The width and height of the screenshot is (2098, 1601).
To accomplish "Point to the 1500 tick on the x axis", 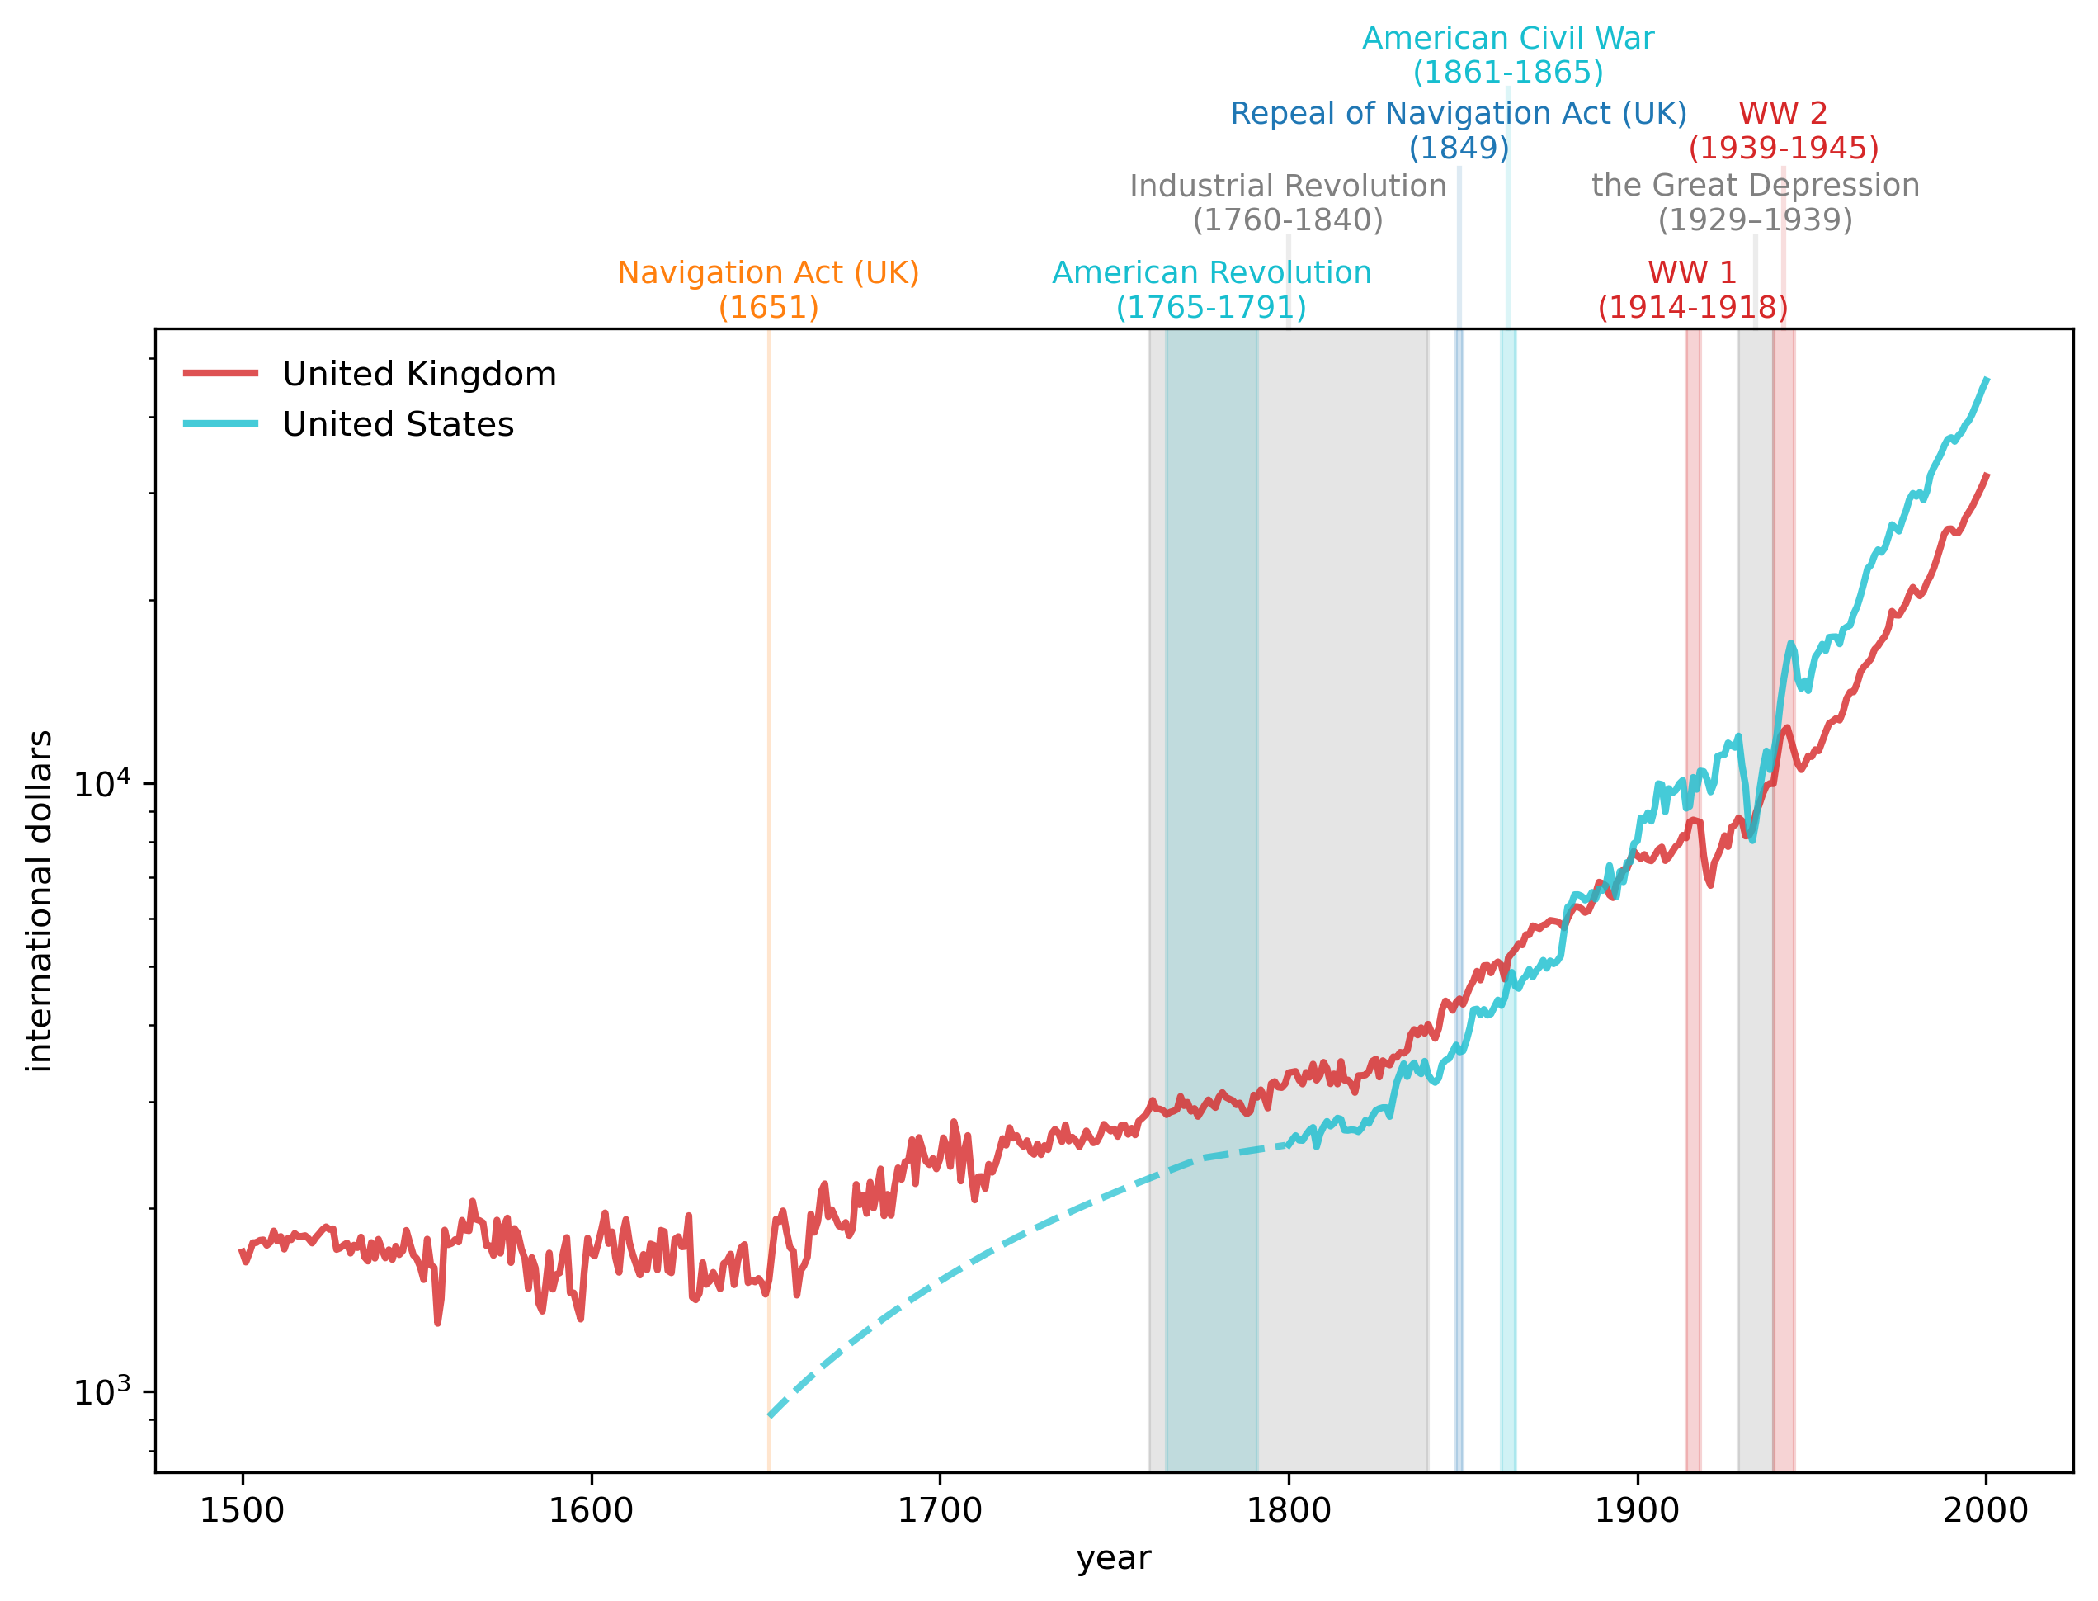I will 242,1510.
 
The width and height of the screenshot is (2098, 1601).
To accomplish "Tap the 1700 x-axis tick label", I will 940,1510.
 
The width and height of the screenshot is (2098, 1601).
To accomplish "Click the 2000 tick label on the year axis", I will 1986,1510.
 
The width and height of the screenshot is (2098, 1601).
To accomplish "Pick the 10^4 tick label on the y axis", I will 102,782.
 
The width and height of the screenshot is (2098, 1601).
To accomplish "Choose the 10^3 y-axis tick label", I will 102,1392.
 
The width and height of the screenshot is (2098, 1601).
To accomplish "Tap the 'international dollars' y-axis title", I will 40,900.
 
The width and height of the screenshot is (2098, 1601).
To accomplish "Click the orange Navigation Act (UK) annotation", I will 768,290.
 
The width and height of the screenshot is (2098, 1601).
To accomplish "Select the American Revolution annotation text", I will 1211,290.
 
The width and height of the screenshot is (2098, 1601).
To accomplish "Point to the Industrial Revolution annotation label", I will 1287,202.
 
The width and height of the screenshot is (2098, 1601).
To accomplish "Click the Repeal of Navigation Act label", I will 1458,130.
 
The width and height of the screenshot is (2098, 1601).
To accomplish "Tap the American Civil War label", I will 1507,55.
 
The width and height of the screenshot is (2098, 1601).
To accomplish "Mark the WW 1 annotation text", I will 1692,290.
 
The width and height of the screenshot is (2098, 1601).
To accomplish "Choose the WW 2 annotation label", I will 1783,130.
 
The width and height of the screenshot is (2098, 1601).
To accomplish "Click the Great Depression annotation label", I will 1755,202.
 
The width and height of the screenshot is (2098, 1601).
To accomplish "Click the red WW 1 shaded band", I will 1692,953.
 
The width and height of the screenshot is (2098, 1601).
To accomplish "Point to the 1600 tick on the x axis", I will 591,1510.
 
